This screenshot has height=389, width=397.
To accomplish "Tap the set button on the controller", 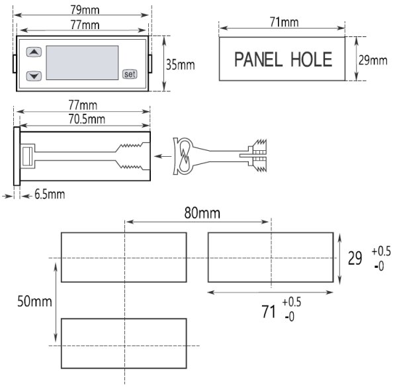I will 130,74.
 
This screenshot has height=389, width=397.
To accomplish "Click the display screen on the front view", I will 81,63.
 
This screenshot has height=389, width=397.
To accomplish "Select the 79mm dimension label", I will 84,11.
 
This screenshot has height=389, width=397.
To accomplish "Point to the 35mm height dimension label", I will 179,65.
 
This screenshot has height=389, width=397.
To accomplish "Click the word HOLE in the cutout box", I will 311,60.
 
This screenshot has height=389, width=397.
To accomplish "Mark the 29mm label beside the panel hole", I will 373,60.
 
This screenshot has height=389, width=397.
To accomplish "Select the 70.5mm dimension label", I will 84,120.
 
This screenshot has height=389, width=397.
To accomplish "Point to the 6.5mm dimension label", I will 45,194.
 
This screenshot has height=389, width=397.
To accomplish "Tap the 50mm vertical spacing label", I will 34,302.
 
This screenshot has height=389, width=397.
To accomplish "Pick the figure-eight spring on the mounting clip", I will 182,157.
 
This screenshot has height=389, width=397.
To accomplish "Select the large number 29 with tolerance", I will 355,259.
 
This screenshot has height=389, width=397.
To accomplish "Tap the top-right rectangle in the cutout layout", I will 271,257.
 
